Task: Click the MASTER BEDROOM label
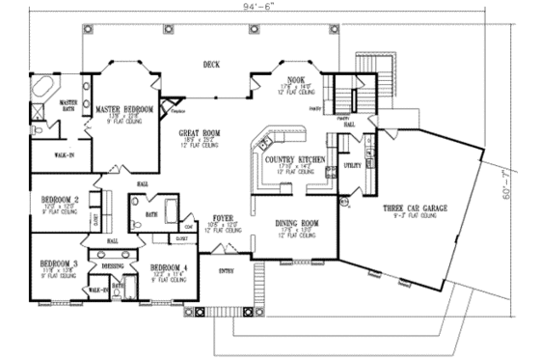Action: (124, 110)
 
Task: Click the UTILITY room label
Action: (352, 166)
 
